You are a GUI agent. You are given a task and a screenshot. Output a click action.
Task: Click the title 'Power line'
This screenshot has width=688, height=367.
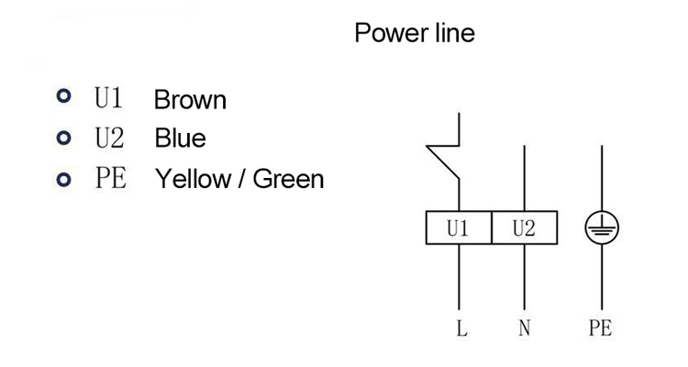coord(415,34)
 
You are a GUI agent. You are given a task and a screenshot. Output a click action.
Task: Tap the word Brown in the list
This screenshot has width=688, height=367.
coord(190,99)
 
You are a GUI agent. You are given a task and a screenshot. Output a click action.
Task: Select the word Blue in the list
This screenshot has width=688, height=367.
coord(181,139)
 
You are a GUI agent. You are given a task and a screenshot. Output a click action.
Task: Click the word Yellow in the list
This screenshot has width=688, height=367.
coord(188,178)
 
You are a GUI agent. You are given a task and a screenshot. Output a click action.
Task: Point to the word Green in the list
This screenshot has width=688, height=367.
coord(288,178)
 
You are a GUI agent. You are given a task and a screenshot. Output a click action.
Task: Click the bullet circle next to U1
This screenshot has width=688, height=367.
coord(62,98)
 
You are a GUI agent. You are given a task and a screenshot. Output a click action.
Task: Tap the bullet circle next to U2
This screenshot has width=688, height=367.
coord(62,139)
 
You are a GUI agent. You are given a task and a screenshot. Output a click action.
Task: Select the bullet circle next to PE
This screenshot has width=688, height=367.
coord(62,178)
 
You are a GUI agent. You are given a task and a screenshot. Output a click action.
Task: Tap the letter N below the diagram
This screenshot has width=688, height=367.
coord(524,328)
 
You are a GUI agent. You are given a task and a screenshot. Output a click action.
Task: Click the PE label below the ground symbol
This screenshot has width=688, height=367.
coord(600,328)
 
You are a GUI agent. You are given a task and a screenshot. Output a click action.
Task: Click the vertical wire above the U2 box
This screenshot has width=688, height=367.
coord(523,174)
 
